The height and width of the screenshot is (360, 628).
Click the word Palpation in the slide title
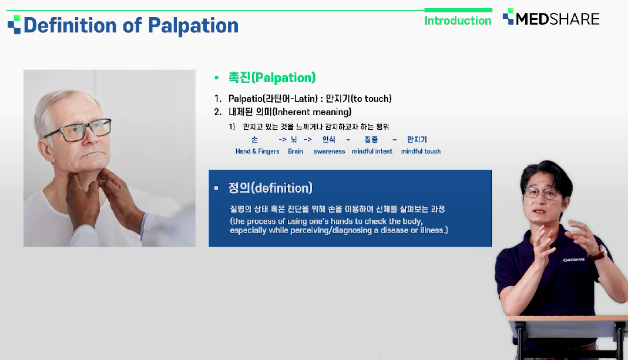pos(193,26)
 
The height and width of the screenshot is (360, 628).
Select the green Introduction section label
pos(458,21)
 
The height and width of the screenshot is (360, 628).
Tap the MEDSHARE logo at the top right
pos(551,18)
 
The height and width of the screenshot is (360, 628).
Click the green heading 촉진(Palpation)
pos(272,78)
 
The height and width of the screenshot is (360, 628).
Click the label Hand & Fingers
pos(257,152)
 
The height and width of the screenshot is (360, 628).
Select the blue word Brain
pos(295,152)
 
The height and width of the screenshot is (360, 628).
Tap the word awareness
pos(329,152)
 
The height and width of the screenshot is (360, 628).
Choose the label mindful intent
pos(372,152)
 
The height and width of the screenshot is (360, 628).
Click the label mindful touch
pos(421,152)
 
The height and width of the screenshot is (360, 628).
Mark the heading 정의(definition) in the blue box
pos(270,188)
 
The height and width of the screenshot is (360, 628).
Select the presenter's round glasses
pos(540,193)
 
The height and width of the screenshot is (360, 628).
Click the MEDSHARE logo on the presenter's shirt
pos(573,260)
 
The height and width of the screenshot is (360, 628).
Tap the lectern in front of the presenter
pos(567,337)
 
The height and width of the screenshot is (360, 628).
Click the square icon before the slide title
pos(14,25)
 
